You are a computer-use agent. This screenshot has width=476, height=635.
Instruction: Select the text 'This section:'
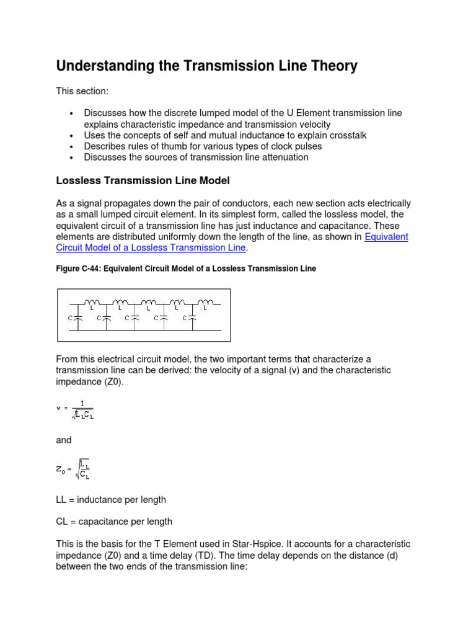(82, 91)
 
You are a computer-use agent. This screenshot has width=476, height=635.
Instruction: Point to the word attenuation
(279, 158)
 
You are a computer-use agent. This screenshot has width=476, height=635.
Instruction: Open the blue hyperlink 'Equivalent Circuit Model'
(386, 237)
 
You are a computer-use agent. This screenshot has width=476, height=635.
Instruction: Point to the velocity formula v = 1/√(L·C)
(76, 409)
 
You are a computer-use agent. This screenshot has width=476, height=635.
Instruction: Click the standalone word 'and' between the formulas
(64, 440)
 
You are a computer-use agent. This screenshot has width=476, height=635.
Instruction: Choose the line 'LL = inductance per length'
(111, 499)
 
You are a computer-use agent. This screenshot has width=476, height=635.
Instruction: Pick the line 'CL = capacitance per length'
(114, 522)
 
